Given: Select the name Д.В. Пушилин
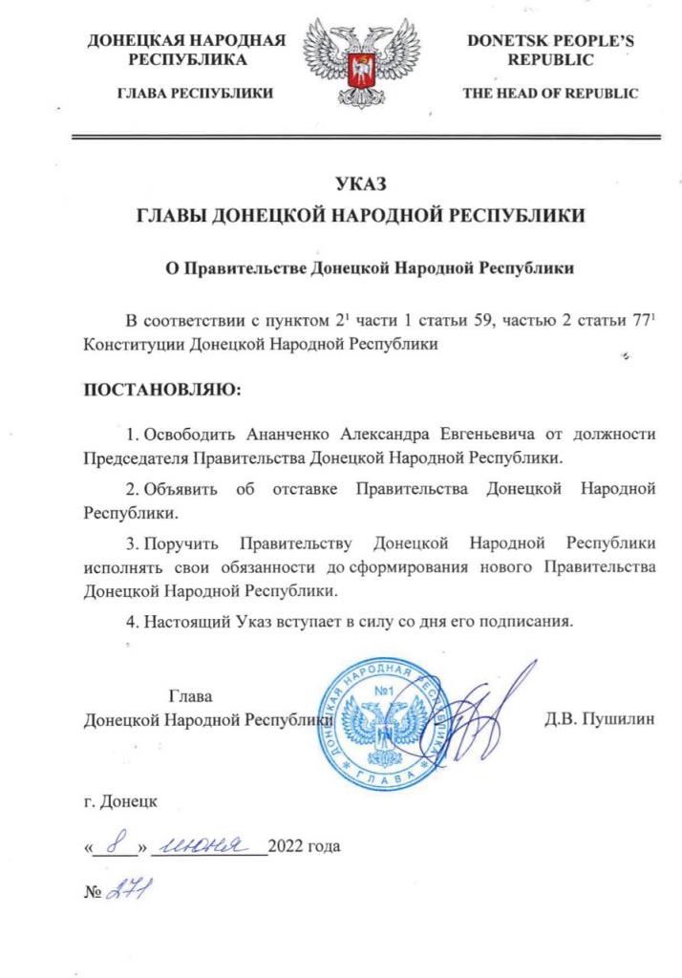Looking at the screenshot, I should point(600,718).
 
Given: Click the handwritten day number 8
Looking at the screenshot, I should point(117,843).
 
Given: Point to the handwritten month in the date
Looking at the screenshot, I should point(208,843).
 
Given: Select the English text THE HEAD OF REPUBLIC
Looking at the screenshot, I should point(550,93).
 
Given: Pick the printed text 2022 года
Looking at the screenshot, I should point(305,846).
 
